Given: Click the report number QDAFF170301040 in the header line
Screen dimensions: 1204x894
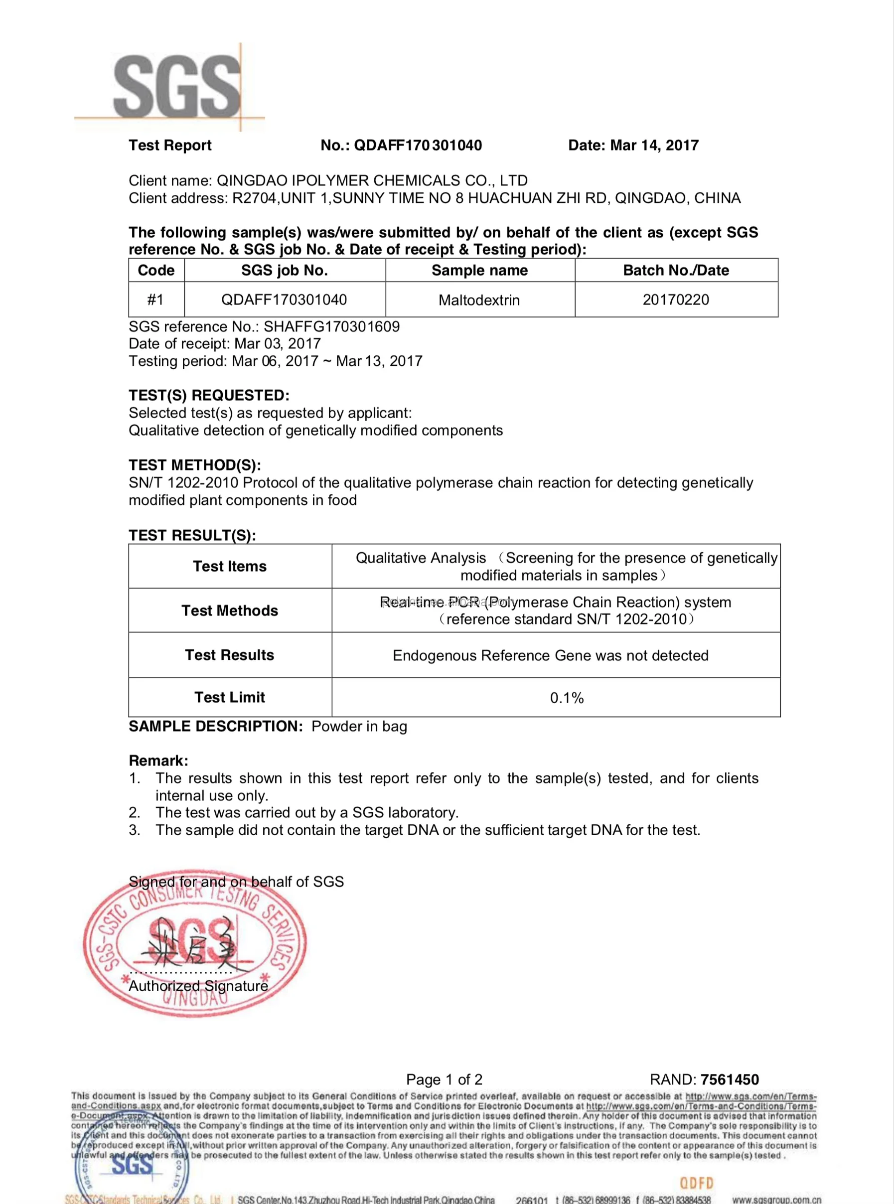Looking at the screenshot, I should click(417, 145).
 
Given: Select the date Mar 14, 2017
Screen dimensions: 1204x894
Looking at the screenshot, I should click(654, 145).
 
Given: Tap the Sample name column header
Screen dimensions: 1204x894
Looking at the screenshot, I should click(479, 270).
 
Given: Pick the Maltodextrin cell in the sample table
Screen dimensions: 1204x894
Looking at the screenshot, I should click(479, 300).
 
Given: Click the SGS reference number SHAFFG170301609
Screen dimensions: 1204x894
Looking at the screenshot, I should click(331, 326).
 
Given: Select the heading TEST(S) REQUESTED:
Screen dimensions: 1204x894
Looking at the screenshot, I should click(209, 395).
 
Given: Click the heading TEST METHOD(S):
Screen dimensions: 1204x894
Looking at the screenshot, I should click(195, 465).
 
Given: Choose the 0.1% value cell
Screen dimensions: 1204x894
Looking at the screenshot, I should click(567, 698).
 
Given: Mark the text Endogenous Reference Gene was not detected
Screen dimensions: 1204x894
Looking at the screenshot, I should click(550, 655).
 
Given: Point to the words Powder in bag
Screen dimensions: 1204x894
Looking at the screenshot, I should click(359, 726).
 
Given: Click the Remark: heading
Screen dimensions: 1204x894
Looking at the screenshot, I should click(158, 760).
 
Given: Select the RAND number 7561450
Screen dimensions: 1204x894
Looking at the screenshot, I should click(730, 1079).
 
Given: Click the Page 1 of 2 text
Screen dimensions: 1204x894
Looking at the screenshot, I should click(444, 1079).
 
